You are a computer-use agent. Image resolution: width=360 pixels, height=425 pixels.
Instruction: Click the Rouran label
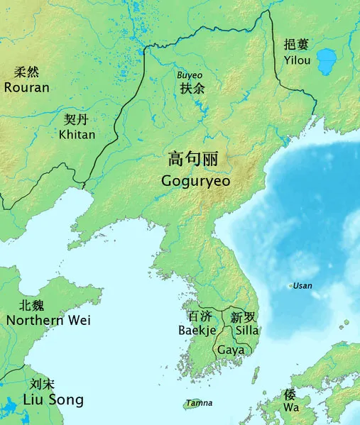26,88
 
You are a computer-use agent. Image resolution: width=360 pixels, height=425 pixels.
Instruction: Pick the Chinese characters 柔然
27,72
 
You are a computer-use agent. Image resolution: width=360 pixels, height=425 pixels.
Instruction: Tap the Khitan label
77,134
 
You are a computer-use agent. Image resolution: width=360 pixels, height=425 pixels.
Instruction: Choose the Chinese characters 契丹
77,119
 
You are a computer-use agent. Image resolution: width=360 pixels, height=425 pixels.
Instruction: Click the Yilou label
297,60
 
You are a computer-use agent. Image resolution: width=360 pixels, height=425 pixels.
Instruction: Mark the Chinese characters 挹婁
296,44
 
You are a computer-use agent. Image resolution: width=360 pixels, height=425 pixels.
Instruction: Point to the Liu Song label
53,400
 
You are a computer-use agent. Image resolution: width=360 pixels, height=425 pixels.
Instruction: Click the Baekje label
196,331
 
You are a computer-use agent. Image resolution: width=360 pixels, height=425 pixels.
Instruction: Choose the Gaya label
231,350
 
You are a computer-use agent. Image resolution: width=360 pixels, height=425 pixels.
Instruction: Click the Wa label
290,409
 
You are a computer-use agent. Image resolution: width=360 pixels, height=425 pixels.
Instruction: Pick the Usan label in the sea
302,286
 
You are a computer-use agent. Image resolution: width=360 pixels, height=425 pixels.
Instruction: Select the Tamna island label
200,404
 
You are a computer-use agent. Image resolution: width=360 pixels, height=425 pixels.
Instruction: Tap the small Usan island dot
289,286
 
